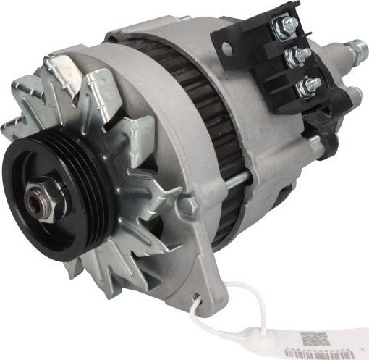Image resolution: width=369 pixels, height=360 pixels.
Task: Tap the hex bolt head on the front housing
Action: click(190, 206)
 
